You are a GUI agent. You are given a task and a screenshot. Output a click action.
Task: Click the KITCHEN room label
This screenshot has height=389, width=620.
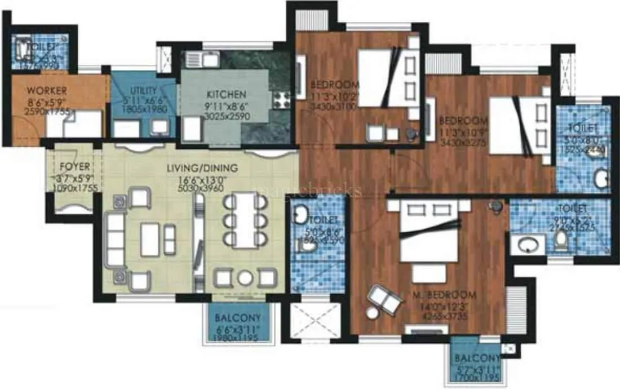226,95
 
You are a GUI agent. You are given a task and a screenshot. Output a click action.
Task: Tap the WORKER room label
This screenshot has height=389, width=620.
47,91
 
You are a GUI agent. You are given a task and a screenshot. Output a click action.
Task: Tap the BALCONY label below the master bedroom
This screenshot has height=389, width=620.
478,359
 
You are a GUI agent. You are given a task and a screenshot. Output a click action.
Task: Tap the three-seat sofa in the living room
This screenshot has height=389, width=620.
116,240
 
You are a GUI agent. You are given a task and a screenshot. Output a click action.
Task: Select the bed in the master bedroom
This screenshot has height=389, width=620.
429,237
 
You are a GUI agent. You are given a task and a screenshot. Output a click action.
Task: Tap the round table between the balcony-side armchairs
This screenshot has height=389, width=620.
244,279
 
